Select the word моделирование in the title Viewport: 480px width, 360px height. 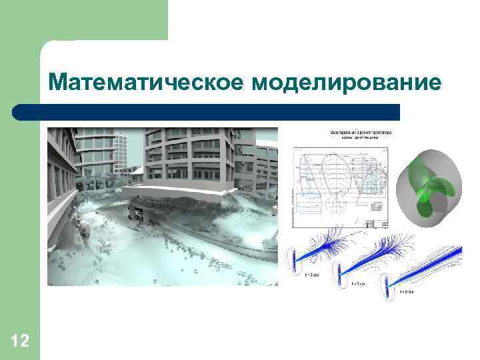click(347, 83)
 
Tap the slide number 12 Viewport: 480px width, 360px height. click(20, 342)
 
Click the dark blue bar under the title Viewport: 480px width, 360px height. click(220, 112)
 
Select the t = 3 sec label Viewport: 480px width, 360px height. click(313, 274)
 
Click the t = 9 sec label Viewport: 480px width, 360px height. click(407, 292)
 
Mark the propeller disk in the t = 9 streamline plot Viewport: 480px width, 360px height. click(385, 281)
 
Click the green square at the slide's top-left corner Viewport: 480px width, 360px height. click(83, 20)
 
